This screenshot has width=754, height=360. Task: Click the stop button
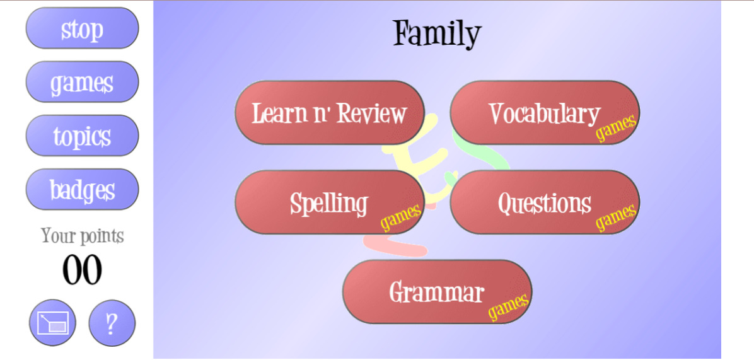click(82, 28)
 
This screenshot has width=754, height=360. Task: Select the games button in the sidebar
click(82, 82)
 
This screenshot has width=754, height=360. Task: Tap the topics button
click(82, 136)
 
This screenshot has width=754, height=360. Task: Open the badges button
click(82, 189)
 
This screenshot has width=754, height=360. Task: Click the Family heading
click(437, 33)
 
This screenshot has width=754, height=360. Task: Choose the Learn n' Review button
click(330, 112)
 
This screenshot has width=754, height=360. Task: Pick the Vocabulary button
click(545, 112)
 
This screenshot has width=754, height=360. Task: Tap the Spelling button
click(330, 202)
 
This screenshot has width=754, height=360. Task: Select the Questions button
click(545, 202)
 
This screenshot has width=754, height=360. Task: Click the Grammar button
click(437, 292)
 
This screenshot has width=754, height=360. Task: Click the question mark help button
click(112, 323)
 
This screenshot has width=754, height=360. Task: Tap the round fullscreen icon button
click(52, 323)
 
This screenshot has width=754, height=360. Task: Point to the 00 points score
click(82, 270)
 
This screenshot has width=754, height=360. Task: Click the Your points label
click(82, 236)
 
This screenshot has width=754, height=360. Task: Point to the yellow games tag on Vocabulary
click(617, 127)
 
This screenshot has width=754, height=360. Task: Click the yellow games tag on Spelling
click(402, 218)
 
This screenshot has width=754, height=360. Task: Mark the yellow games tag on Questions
click(617, 218)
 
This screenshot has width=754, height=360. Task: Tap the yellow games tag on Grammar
click(509, 306)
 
